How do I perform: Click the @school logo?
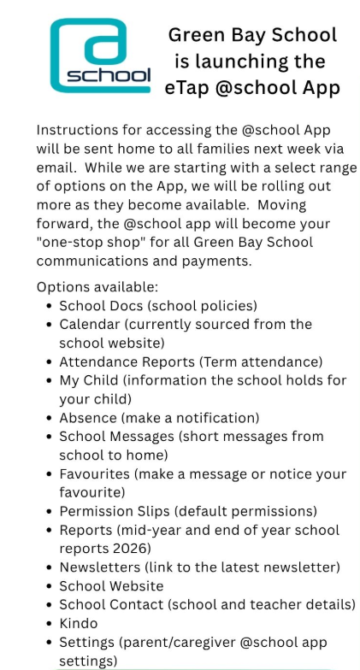pos(99,56)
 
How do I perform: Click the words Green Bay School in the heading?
pos(252,35)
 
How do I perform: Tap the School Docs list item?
pos(158,305)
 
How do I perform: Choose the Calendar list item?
pos(185,325)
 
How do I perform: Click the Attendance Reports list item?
pos(191,361)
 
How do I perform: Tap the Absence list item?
pos(158,418)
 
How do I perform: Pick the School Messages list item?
pos(191,437)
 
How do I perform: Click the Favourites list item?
pos(202,473)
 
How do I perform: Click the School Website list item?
pos(111,586)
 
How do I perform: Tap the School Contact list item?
pos(207,605)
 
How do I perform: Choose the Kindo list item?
pos(78,624)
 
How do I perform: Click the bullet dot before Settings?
pos(47,643)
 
